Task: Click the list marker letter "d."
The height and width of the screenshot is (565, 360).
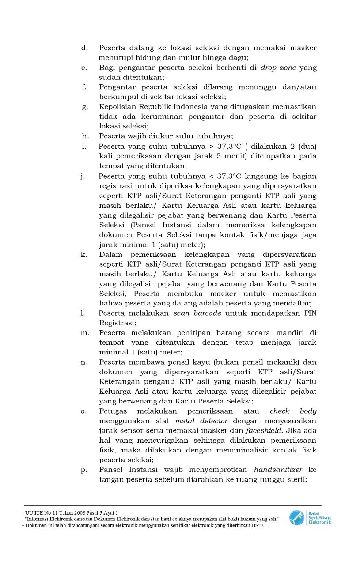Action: coord(84,48)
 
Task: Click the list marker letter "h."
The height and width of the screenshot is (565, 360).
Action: coord(86,136)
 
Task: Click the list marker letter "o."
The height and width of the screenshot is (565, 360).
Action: coord(83,411)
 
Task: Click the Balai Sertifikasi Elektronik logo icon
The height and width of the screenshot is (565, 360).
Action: coord(296,518)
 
